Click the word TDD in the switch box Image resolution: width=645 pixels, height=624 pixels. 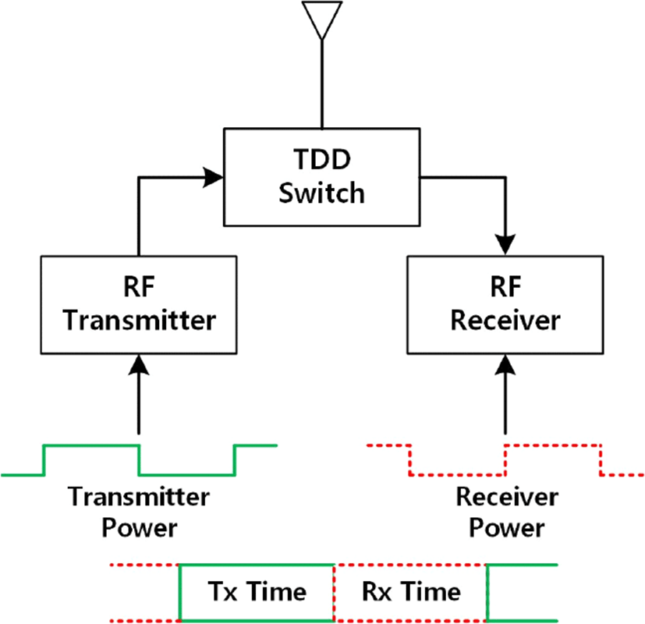321,159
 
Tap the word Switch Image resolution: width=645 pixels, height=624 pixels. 321,193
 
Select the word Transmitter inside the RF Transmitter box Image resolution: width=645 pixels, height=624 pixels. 139,320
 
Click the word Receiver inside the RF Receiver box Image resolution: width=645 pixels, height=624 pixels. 505,320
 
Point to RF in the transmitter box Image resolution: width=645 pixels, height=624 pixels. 139,287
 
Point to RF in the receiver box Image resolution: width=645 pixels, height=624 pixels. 505,287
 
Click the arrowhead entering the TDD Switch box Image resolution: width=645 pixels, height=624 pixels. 213,177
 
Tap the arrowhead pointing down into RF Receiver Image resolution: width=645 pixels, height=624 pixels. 505,245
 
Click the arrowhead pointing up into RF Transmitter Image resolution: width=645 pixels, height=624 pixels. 139,364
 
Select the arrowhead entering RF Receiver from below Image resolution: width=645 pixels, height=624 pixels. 505,364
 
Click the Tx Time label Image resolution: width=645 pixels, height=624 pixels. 257,591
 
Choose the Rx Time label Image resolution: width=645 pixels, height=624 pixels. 411,591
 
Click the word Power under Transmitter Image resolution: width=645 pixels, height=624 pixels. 139,528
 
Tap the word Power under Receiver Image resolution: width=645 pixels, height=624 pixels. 507,528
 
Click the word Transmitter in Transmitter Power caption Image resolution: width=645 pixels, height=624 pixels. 139,497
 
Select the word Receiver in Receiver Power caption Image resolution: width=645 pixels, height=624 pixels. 507,497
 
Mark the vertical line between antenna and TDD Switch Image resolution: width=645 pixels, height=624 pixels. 321,84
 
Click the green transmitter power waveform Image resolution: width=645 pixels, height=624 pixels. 139,460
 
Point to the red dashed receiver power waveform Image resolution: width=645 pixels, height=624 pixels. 505,460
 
